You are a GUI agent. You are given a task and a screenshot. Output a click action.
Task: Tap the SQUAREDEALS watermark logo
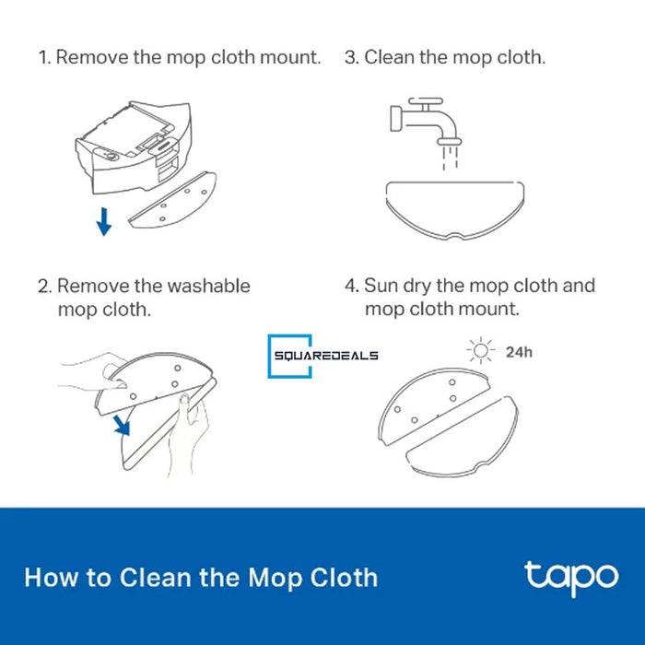[322, 357]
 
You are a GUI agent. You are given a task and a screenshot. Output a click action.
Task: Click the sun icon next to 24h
[480, 351]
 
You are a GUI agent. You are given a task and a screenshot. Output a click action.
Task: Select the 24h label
[519, 352]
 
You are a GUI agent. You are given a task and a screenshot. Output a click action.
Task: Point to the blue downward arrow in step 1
[103, 222]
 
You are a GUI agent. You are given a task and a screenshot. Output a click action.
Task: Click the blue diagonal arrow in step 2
[123, 426]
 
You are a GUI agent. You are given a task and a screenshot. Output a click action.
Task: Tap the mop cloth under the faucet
[455, 210]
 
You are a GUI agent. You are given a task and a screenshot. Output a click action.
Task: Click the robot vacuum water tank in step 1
[134, 147]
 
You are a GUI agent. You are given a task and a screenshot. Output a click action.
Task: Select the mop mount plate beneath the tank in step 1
[173, 200]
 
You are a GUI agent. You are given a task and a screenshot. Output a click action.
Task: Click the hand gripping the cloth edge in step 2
[188, 435]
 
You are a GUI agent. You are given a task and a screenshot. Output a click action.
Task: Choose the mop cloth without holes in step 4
[463, 438]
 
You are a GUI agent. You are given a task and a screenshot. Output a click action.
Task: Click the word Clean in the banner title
[156, 578]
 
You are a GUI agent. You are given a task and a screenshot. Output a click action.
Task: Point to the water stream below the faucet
[450, 158]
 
